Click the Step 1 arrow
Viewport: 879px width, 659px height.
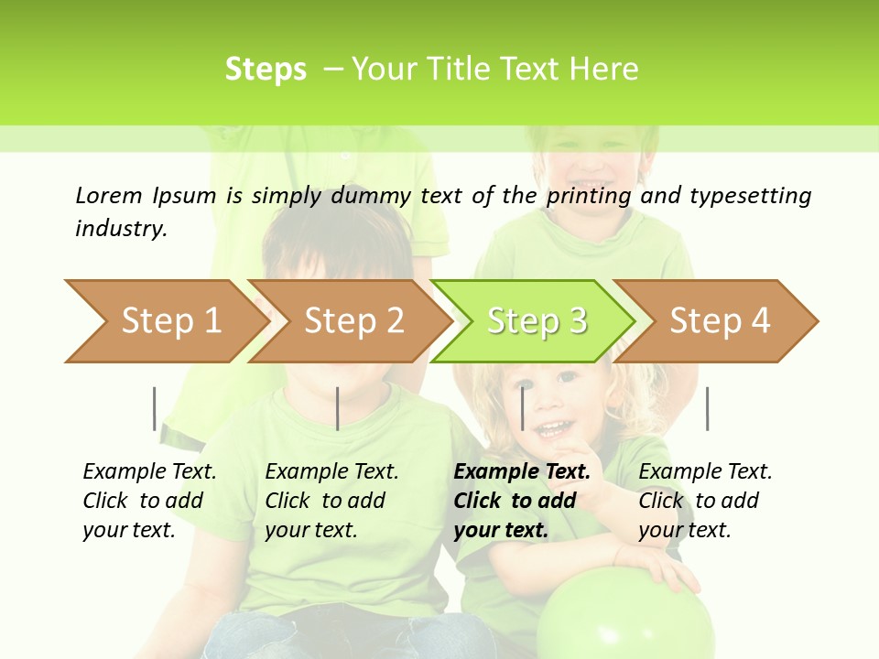(x=165, y=321)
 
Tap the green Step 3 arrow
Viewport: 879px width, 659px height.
(x=536, y=321)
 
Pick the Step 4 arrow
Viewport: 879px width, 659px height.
(x=719, y=321)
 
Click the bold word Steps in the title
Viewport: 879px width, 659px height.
(x=266, y=70)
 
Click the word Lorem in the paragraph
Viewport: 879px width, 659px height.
(x=109, y=195)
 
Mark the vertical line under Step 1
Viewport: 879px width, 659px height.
(x=155, y=408)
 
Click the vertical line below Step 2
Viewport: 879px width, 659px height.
(x=338, y=408)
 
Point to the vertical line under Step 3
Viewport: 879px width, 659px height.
(x=522, y=408)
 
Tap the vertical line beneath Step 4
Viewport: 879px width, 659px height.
(x=707, y=408)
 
